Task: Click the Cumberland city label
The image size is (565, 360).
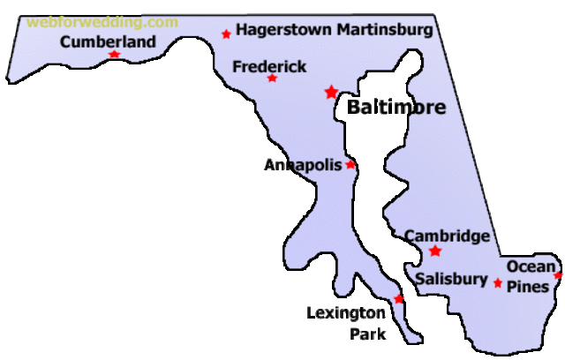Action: coord(108,41)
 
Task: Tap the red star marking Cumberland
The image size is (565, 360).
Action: coord(114,55)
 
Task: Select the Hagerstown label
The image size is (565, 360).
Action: coord(282,30)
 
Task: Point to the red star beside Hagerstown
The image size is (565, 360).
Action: coord(227,34)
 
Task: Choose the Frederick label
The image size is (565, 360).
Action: coord(269,66)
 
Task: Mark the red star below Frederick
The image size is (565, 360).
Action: coord(272,79)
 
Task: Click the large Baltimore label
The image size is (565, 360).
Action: coord(396,108)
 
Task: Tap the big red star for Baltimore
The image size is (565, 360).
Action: coord(331,92)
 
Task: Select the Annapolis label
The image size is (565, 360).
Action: coord(303,165)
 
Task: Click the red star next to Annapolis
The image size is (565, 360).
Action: coord(350,164)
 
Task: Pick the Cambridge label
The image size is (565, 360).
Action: coord(447,236)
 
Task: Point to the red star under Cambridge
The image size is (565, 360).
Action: coord(435,251)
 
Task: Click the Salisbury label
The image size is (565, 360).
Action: coord(451,280)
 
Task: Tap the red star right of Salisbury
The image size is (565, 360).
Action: coord(498,283)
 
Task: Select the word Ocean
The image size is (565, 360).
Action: coord(531,266)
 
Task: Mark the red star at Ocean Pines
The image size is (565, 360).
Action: coord(558,275)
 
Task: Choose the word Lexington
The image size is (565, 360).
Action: coord(346,312)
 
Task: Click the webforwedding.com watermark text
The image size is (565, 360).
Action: coord(102,22)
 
